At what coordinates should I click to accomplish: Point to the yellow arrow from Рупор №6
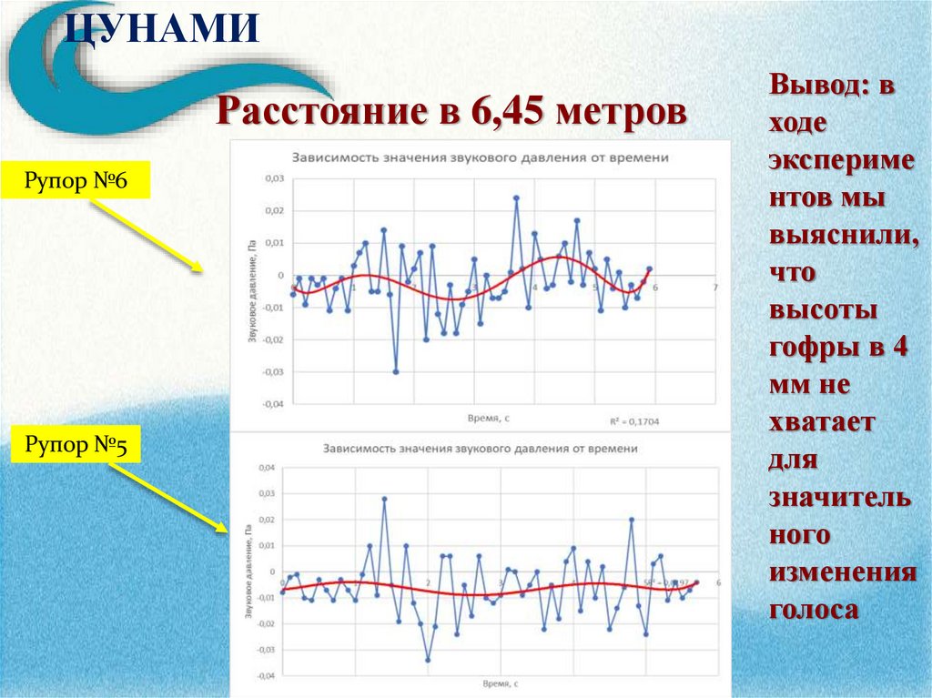tap(146, 235)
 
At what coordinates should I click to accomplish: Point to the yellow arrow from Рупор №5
tap(168, 497)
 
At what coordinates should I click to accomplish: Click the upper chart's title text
tap(481, 157)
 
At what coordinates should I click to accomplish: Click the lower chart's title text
tap(481, 449)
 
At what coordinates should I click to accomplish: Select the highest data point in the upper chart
tap(516, 197)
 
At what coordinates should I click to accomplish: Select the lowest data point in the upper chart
tap(396, 371)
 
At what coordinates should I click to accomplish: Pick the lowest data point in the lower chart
tap(428, 660)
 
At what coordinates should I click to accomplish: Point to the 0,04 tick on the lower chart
tap(266, 468)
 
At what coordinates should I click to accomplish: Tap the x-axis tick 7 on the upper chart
tap(714, 288)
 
